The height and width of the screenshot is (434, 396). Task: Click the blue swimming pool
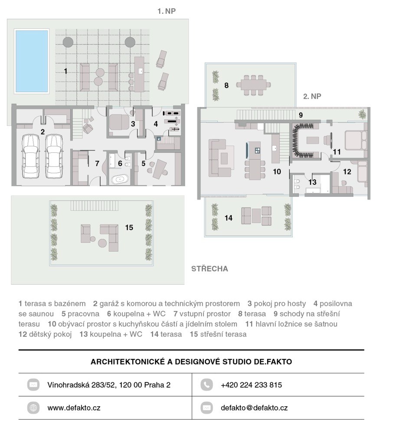pyautogui.click(x=32, y=61)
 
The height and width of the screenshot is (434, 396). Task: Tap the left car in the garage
pyautogui.click(x=31, y=156)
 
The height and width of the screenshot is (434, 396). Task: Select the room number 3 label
pyautogui.click(x=133, y=124)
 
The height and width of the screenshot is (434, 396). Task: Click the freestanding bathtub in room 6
pyautogui.click(x=120, y=179)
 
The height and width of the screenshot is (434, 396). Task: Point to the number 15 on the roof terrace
pyautogui.click(x=129, y=227)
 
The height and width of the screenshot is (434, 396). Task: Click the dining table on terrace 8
pyautogui.click(x=253, y=85)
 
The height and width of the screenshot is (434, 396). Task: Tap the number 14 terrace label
pyautogui.click(x=229, y=218)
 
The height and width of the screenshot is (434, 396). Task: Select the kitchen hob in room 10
pyautogui.click(x=257, y=150)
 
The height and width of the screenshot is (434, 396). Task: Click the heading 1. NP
pyautogui.click(x=167, y=11)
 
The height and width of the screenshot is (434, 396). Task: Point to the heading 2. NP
pyautogui.click(x=312, y=96)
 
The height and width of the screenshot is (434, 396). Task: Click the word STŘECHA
pyautogui.click(x=209, y=269)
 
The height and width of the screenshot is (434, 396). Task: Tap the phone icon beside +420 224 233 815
pyautogui.click(x=206, y=385)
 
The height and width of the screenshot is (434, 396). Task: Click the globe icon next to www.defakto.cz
pyautogui.click(x=33, y=408)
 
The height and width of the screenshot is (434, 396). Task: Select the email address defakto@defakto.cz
pyautogui.click(x=254, y=408)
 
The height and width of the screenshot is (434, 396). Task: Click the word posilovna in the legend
pyautogui.click(x=336, y=304)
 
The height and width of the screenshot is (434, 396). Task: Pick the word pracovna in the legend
pyautogui.click(x=83, y=314)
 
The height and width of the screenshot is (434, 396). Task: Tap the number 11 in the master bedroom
pyautogui.click(x=337, y=151)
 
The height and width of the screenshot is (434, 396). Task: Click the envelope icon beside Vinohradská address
pyautogui.click(x=33, y=385)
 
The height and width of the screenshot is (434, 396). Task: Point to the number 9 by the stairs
pyautogui.click(x=301, y=115)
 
